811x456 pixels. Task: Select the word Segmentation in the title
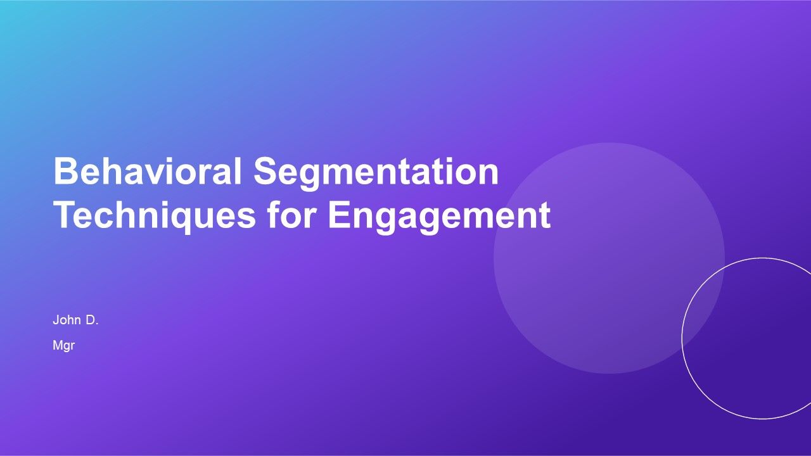click(x=376, y=172)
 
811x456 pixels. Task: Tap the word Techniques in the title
click(x=153, y=216)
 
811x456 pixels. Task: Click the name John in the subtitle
click(x=66, y=320)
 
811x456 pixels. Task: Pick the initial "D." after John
click(x=93, y=320)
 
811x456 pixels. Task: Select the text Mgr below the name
click(x=64, y=346)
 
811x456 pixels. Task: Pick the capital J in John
click(x=56, y=320)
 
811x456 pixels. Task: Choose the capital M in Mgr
click(x=57, y=346)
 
